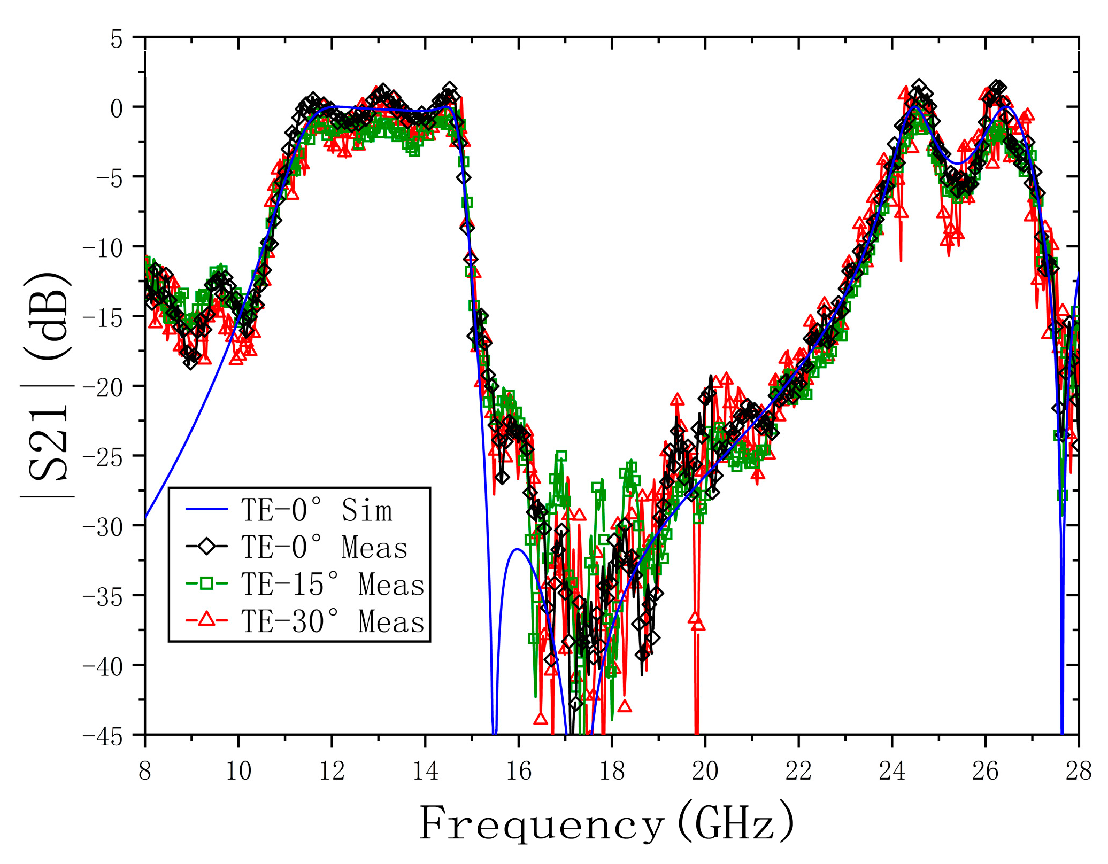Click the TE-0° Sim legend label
tap(317, 510)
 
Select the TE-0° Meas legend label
tap(324, 547)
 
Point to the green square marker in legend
tap(207, 583)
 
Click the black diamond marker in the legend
tap(207, 547)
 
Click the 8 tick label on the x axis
tap(145, 772)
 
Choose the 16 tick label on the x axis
tap(518, 772)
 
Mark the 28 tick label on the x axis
tap(1078, 772)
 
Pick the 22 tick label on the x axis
tap(798, 772)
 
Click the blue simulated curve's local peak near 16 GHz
tap(517, 549)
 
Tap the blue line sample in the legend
tap(207, 510)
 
